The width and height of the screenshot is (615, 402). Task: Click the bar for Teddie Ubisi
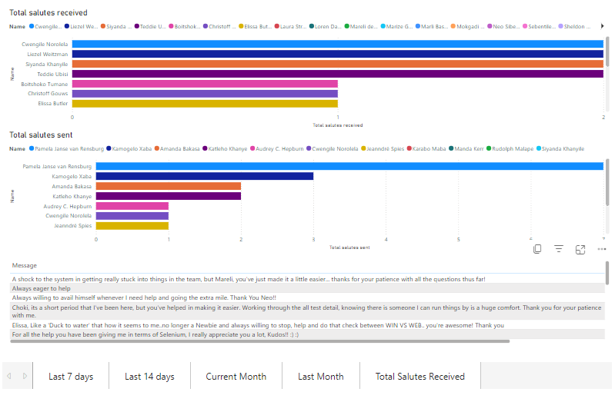coord(337,74)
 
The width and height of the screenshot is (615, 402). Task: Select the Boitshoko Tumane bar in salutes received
coord(205,84)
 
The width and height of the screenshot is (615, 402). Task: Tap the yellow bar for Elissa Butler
coord(205,103)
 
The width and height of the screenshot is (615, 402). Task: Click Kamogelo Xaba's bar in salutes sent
coord(205,176)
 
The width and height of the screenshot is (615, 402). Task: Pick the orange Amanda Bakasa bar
coord(169,186)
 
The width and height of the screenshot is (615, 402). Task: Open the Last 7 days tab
coord(71,377)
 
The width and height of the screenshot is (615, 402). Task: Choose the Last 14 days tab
coord(149,377)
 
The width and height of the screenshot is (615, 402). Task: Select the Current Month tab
coord(236,377)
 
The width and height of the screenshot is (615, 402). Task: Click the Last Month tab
coord(320,377)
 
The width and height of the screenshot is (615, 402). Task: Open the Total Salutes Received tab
coord(419,377)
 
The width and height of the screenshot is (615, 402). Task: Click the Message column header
coord(25,265)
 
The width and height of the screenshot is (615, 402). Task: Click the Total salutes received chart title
coord(48,13)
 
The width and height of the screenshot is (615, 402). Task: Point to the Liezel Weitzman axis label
coord(48,55)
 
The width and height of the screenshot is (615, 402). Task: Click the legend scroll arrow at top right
coord(603,26)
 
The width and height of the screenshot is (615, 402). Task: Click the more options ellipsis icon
coord(602,250)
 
